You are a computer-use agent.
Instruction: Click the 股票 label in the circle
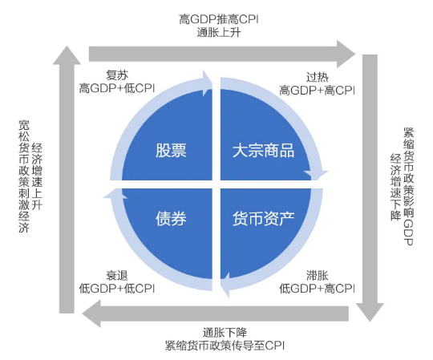[x=171, y=151]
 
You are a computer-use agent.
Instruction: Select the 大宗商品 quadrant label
[x=264, y=151]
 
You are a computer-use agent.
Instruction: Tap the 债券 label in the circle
[x=171, y=218]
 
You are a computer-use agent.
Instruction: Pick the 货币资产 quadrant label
[x=264, y=218]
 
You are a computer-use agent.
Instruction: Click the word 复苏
[x=117, y=75]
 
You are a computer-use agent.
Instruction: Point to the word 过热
[x=317, y=77]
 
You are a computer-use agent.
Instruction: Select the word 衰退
[x=117, y=275]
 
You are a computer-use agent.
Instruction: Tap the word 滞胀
[x=317, y=275]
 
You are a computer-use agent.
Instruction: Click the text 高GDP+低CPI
[x=117, y=88]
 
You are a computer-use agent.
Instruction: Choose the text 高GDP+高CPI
[x=317, y=91]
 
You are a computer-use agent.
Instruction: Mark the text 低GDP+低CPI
[x=117, y=289]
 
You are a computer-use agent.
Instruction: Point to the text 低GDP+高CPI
[x=317, y=289]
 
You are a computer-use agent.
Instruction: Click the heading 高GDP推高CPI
[x=219, y=19]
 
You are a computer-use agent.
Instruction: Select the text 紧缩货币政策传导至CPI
[x=225, y=346]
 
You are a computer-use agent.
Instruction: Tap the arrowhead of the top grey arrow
[x=346, y=54]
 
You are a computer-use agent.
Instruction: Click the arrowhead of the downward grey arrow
[x=370, y=313]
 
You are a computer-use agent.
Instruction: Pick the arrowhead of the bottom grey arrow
[x=91, y=313]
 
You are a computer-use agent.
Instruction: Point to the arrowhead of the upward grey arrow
[x=67, y=55]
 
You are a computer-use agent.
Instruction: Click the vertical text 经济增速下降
[x=395, y=187]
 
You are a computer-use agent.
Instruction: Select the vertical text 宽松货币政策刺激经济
[x=24, y=176]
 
